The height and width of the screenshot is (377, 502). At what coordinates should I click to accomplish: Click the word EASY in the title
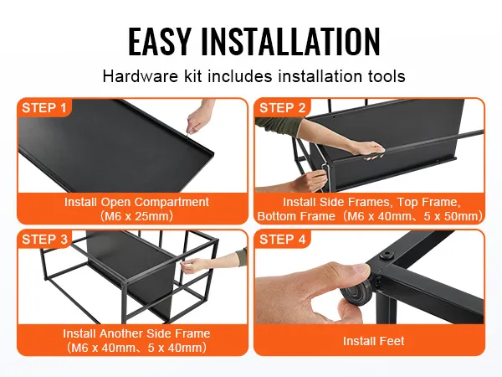(x=160, y=42)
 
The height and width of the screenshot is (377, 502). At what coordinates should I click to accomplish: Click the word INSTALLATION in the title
(x=290, y=42)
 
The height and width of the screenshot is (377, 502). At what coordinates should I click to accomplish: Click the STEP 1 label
(x=44, y=108)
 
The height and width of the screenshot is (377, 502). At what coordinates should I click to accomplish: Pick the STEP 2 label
(x=283, y=108)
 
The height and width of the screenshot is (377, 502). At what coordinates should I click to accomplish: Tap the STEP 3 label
(x=45, y=239)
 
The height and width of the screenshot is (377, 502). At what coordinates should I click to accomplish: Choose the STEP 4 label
(x=283, y=239)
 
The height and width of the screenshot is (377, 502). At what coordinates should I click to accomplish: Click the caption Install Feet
(x=374, y=341)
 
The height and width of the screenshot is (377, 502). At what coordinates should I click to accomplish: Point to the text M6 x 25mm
(x=136, y=216)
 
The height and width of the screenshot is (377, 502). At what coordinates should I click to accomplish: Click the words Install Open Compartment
(x=136, y=202)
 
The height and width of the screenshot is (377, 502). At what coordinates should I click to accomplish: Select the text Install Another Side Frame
(x=136, y=333)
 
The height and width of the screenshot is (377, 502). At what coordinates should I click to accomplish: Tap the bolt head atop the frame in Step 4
(x=387, y=256)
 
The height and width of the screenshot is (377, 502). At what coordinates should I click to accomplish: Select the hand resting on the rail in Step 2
(x=368, y=149)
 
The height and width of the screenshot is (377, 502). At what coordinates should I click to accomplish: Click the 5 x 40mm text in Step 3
(x=175, y=348)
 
